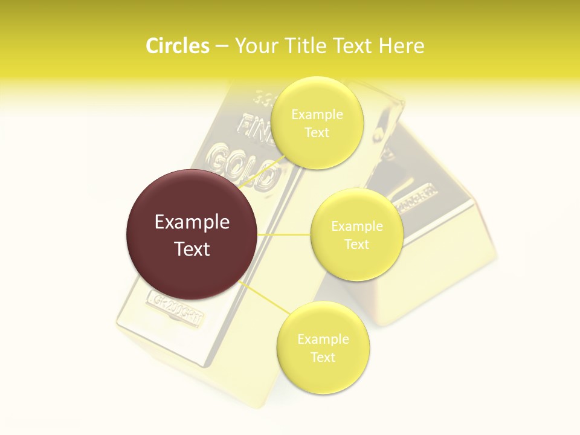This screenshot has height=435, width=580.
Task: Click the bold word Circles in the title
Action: tap(178, 46)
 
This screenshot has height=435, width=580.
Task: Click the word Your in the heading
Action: tap(256, 46)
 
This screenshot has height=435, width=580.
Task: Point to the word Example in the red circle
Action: tap(192, 222)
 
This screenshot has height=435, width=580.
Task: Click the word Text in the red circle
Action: tap(192, 249)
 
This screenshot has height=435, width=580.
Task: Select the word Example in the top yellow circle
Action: tap(317, 115)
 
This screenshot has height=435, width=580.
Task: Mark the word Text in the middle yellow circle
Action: tap(357, 245)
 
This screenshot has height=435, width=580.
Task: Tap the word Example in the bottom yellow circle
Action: tap(323, 340)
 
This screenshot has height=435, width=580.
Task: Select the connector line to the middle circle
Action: tap(284, 234)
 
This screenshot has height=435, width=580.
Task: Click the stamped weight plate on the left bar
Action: tap(176, 309)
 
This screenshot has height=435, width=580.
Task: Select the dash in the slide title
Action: tap(222, 47)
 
